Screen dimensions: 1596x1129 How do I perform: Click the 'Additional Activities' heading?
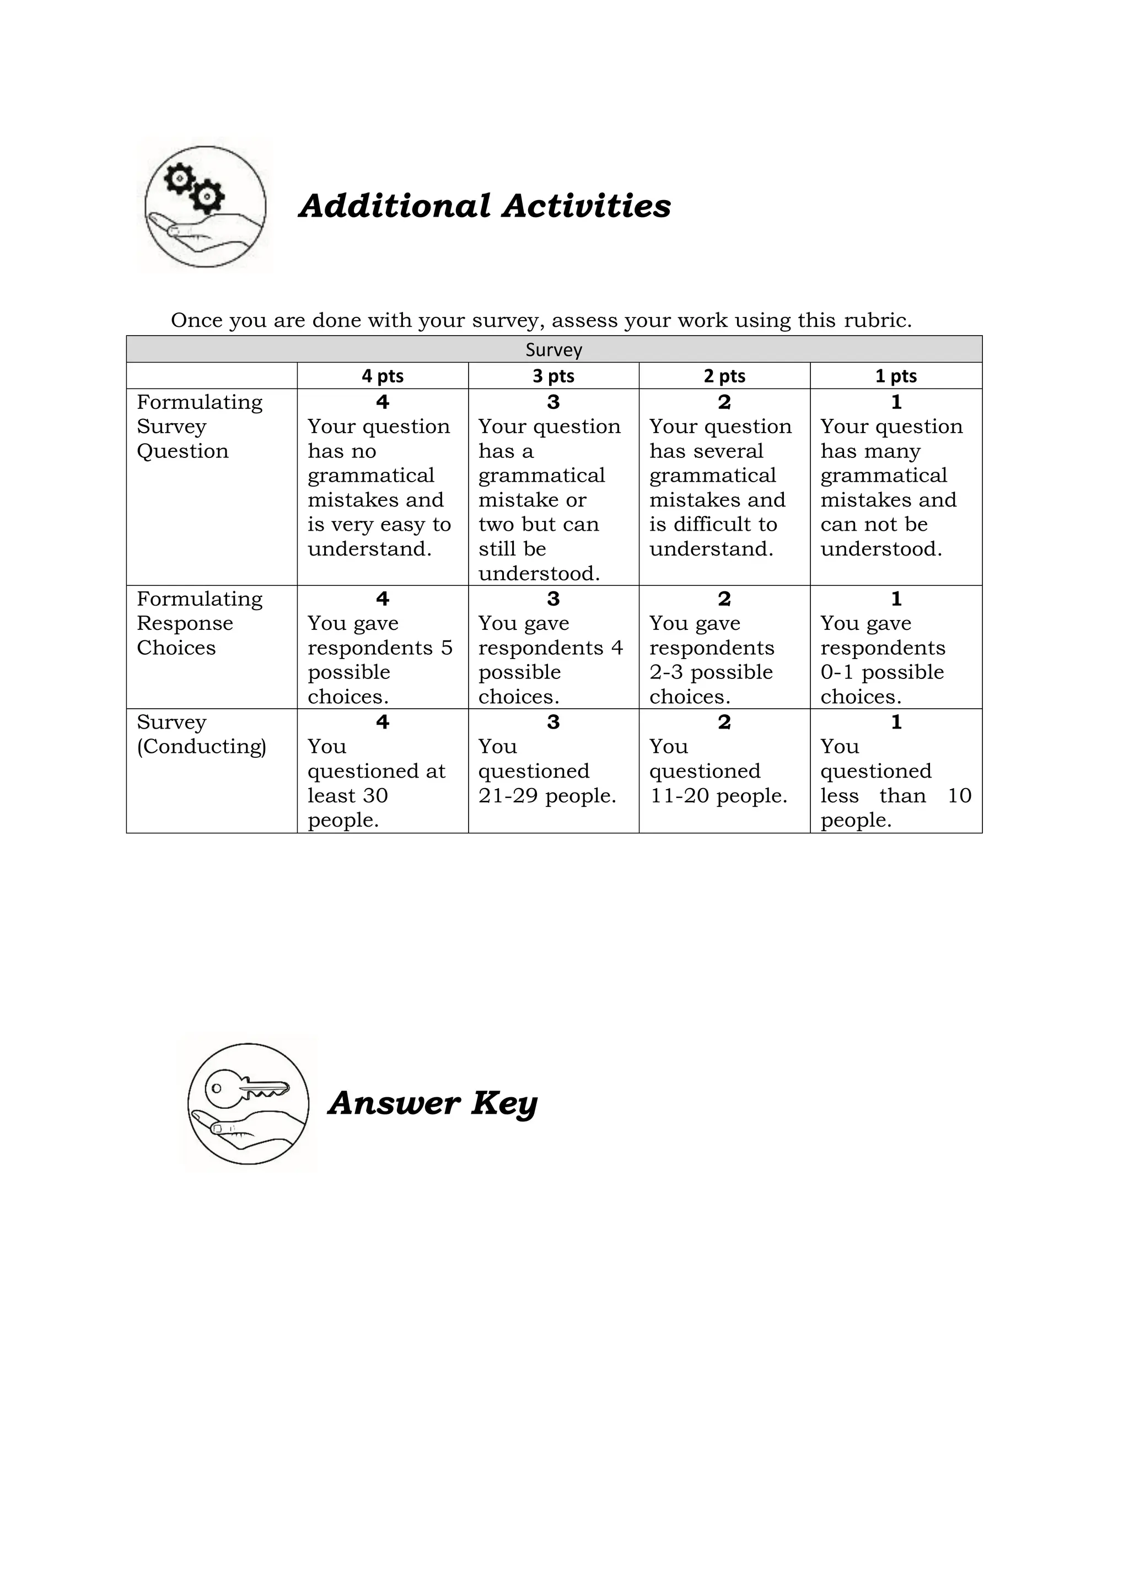485,207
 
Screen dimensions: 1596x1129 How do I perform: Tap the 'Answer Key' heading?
432,1103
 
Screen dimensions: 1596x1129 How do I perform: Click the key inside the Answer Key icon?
247,1088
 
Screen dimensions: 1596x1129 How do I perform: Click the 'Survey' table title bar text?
553,349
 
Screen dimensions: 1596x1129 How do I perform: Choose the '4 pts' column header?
383,376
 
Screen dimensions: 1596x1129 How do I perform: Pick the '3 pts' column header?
553,376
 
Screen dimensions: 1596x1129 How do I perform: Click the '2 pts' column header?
724,376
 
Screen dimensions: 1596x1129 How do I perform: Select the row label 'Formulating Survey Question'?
200,426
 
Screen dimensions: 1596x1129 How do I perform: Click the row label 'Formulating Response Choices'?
200,623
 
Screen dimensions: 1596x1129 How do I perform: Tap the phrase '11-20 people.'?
718,796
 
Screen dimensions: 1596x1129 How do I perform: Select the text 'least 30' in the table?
348,796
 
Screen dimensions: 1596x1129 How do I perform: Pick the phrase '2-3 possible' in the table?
711,672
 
